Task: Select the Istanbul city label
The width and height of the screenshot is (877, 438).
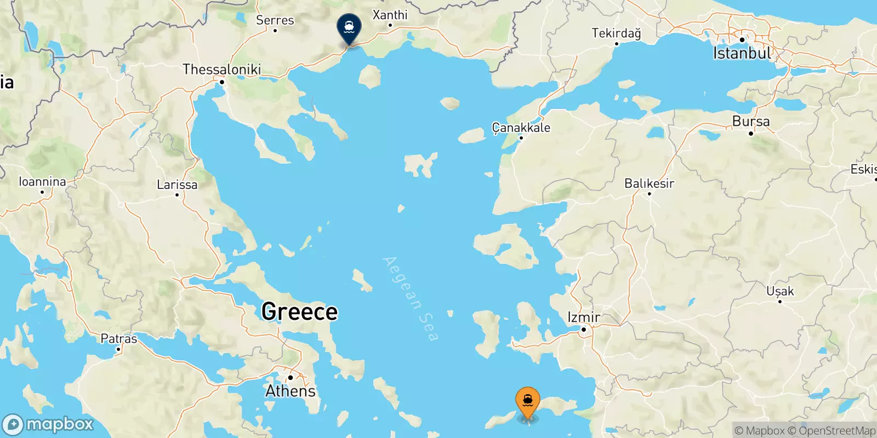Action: click(742, 53)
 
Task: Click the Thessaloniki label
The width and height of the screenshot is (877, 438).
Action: click(221, 70)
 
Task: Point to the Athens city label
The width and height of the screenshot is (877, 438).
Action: click(291, 391)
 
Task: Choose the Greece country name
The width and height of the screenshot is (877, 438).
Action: click(299, 312)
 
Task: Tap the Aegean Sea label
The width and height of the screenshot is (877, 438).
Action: click(411, 298)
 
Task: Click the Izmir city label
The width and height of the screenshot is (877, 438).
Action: click(583, 317)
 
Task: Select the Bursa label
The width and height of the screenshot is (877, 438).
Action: click(751, 122)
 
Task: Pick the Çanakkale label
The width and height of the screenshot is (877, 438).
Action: click(521, 128)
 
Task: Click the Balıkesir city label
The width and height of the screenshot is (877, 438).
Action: click(649, 183)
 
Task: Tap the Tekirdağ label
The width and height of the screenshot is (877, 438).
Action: click(616, 33)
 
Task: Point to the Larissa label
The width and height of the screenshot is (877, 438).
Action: click(177, 185)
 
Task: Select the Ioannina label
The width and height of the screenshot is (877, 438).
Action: click(42, 182)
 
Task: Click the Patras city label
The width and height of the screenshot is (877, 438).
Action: click(119, 339)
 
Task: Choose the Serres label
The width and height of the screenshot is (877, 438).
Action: click(275, 20)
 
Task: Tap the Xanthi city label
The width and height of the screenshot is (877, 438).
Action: click(390, 15)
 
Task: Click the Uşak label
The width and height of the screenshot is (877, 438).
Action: click(780, 291)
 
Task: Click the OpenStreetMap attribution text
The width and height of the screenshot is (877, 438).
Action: click(832, 431)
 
